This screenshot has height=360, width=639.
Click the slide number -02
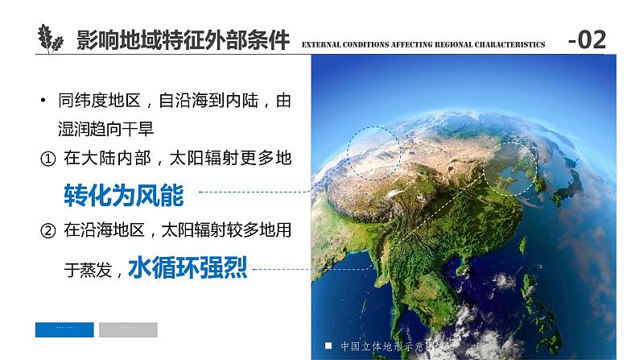[x=587, y=39]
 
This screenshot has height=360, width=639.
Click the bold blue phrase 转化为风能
[x=123, y=194]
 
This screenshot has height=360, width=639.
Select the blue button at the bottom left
[x=64, y=329]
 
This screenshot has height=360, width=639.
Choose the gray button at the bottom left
[x=128, y=329]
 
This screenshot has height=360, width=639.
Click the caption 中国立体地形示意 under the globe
[x=385, y=347]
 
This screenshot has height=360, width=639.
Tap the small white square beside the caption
[x=328, y=346]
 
